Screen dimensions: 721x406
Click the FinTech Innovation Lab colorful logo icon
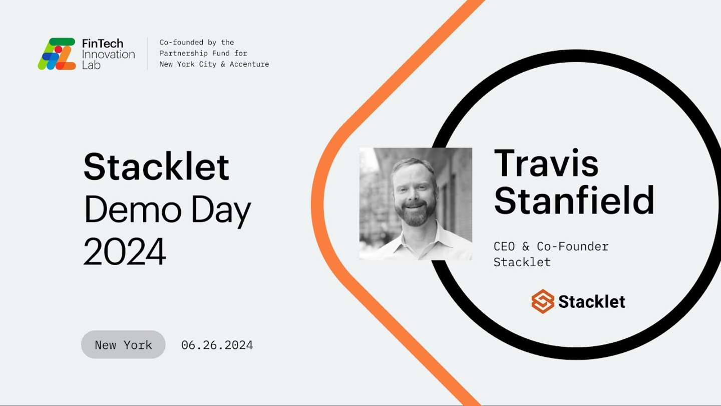pyautogui.click(x=57, y=54)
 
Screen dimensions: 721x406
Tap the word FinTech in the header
pyautogui.click(x=102, y=44)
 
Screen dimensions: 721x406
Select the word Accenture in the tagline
pyautogui.click(x=249, y=64)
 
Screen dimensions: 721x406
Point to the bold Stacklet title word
pyautogui.click(x=156, y=166)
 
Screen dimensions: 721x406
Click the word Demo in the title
pyautogui.click(x=133, y=210)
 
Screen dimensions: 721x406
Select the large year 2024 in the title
pyautogui.click(x=125, y=251)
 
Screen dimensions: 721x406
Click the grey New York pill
pyautogui.click(x=123, y=344)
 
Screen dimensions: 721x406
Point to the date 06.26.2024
pyautogui.click(x=217, y=345)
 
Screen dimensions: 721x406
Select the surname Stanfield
pyautogui.click(x=574, y=200)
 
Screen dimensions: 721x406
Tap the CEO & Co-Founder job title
pyautogui.click(x=551, y=247)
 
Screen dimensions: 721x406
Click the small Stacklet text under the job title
pyautogui.click(x=522, y=262)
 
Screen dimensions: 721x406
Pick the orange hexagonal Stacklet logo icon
pyautogui.click(x=543, y=301)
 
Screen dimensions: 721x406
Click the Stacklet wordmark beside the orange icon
pyautogui.click(x=592, y=302)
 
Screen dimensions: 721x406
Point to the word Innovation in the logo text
pyautogui.click(x=109, y=54)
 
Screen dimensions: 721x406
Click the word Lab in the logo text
pyautogui.click(x=91, y=65)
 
